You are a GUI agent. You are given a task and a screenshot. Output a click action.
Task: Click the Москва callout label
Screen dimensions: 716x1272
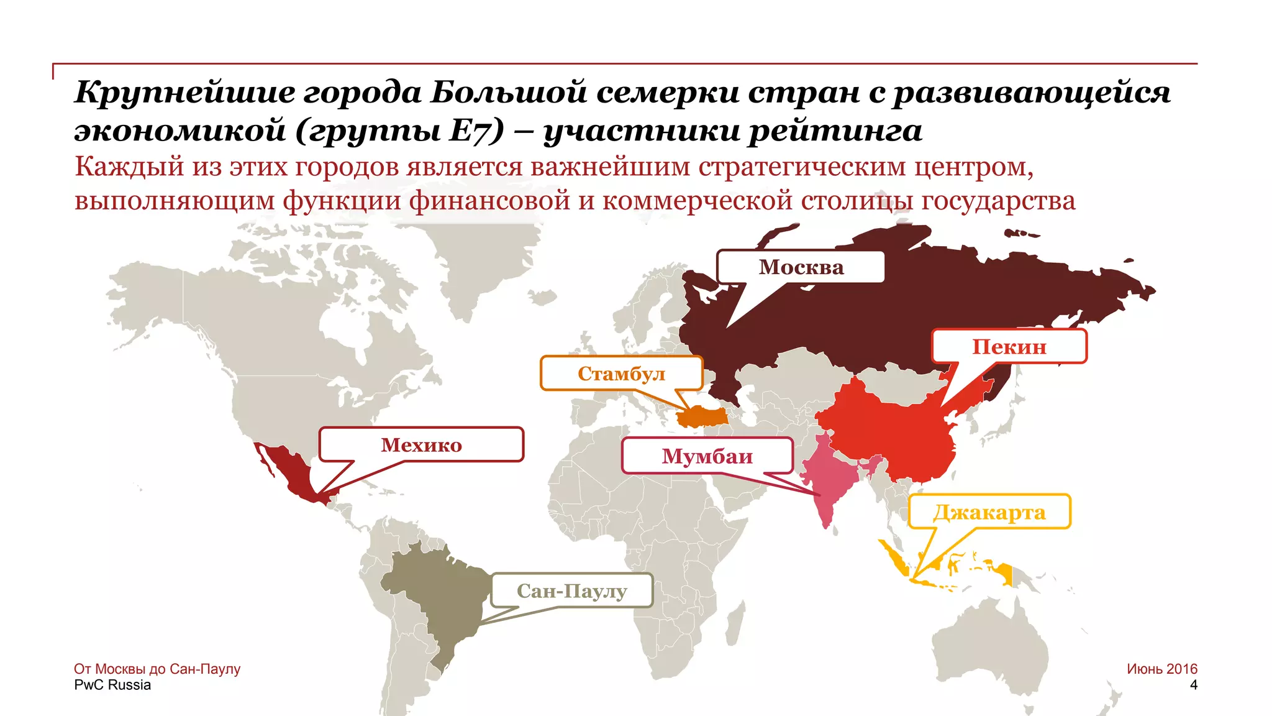click(x=801, y=267)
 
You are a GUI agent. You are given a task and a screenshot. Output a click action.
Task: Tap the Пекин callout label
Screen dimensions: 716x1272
click(x=1009, y=347)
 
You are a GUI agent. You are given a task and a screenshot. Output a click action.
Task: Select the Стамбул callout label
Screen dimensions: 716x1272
click(x=621, y=374)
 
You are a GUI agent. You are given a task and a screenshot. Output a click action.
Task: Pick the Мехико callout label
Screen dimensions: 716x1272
click(x=421, y=445)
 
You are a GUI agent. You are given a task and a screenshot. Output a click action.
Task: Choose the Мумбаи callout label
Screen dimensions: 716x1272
click(x=707, y=456)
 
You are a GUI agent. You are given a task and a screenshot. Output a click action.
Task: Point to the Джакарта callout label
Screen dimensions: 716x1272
click(x=989, y=513)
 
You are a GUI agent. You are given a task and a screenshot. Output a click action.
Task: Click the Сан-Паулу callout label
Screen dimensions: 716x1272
click(x=571, y=590)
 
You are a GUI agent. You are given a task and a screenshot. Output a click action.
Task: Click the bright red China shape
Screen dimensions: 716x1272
click(x=894, y=435)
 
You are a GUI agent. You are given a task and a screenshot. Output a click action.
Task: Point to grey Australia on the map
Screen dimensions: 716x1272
click(x=994, y=646)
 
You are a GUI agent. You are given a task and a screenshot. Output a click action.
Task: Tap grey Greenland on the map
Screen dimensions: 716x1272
click(x=478, y=261)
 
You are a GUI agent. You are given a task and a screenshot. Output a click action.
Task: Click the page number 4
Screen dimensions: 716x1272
click(x=1193, y=685)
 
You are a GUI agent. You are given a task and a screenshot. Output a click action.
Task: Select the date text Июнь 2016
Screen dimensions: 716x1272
click(x=1161, y=669)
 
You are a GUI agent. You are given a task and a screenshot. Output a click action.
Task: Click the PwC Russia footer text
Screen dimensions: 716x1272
click(x=112, y=685)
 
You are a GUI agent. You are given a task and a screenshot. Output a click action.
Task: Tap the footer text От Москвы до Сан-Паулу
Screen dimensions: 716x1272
click(x=157, y=669)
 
